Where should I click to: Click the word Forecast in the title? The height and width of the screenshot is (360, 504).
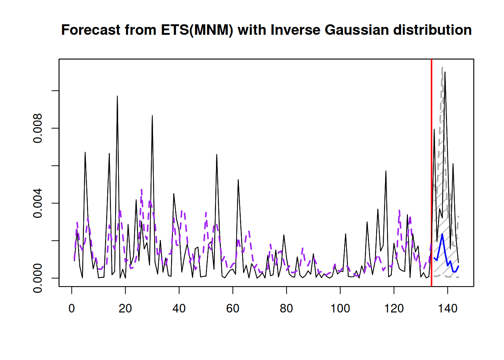[x=91, y=30]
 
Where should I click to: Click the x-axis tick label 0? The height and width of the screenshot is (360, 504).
[x=72, y=309]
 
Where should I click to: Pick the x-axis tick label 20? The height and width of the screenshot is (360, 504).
[x=125, y=309]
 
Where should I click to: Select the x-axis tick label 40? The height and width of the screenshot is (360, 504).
[x=179, y=309]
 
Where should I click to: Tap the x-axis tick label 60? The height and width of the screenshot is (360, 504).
[x=233, y=309]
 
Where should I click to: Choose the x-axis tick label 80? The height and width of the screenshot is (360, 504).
[x=286, y=309]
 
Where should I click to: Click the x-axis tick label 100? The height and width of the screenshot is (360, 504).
[x=340, y=309]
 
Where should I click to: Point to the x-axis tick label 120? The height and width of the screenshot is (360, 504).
[x=394, y=309]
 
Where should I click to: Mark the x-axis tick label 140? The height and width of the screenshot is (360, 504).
[x=448, y=309]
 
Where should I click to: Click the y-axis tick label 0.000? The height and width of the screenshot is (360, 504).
[x=38, y=278]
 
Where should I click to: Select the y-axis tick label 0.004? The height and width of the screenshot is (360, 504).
[x=38, y=203]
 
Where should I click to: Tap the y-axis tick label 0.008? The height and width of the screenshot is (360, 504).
[x=38, y=128]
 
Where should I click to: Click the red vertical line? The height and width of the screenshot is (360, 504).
[x=432, y=169]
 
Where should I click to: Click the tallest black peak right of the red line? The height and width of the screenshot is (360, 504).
[x=445, y=73]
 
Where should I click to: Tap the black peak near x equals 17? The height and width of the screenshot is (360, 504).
[x=117, y=97]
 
